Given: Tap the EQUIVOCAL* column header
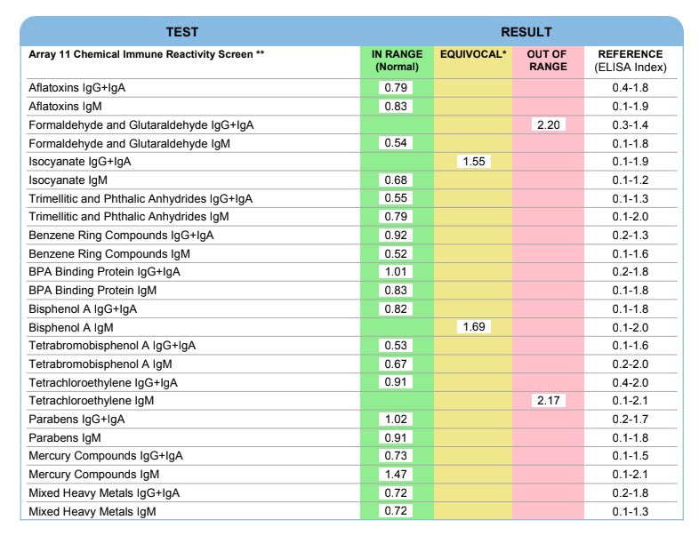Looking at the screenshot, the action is (473, 55).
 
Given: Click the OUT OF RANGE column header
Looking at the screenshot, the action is (548, 60).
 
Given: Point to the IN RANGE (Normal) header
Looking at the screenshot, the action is (397, 60).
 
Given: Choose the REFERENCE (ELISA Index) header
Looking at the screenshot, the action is (631, 60).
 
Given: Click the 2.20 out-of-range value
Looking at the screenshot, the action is (548, 124).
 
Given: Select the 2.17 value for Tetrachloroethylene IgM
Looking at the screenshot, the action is (548, 401).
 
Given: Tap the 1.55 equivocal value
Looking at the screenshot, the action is (473, 162).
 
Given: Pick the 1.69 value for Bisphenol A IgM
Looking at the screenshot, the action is (473, 327).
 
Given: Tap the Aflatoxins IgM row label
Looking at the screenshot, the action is (66, 107).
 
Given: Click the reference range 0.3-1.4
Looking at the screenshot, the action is (631, 124).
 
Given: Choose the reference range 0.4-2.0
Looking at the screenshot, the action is (631, 383).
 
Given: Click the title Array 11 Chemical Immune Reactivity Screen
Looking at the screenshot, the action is (147, 55).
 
